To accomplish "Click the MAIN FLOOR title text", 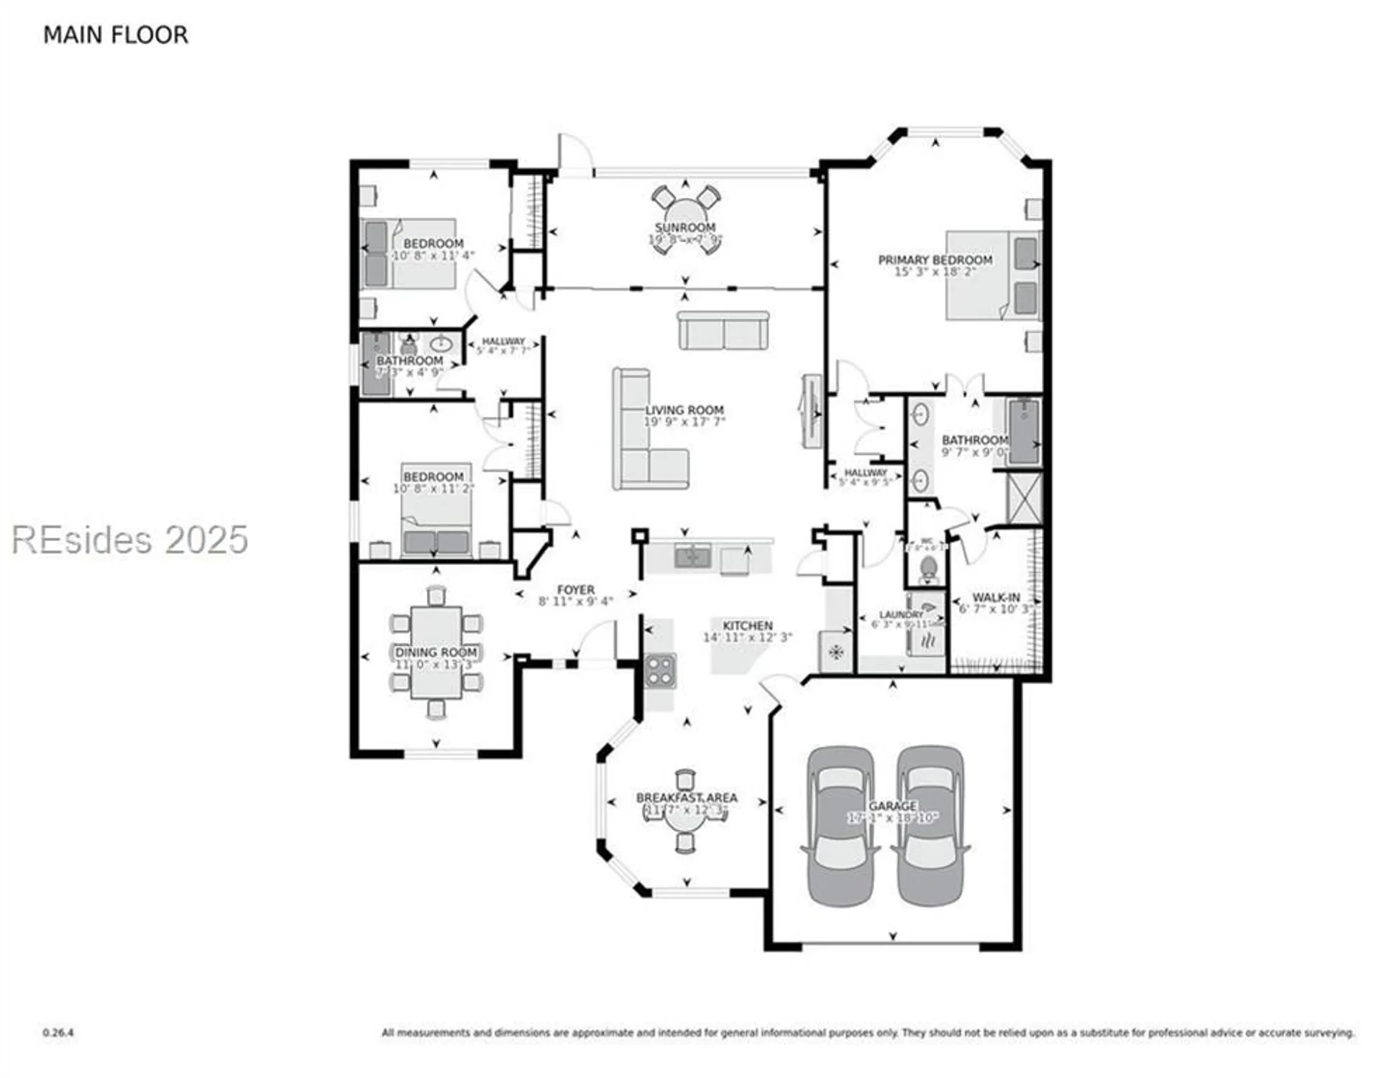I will click(115, 35).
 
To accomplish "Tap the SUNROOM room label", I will click(684, 227).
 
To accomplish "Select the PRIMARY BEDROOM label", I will click(935, 259).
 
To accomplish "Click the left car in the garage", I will click(841, 826).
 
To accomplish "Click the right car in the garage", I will click(930, 826).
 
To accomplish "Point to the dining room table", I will click(436, 652).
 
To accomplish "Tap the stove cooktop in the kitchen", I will click(659, 671).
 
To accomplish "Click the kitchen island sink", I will click(693, 556).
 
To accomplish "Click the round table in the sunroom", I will click(685, 218).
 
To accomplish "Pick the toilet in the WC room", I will click(928, 569).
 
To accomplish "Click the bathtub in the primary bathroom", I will click(1024, 431).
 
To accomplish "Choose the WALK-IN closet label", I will click(996, 597).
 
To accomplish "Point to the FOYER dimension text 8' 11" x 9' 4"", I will click(575, 602).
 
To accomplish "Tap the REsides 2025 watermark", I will click(129, 540).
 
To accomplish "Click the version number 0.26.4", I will click(58, 1033).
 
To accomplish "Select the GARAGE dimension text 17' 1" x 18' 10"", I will click(892, 818).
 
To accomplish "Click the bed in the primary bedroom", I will click(992, 275).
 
